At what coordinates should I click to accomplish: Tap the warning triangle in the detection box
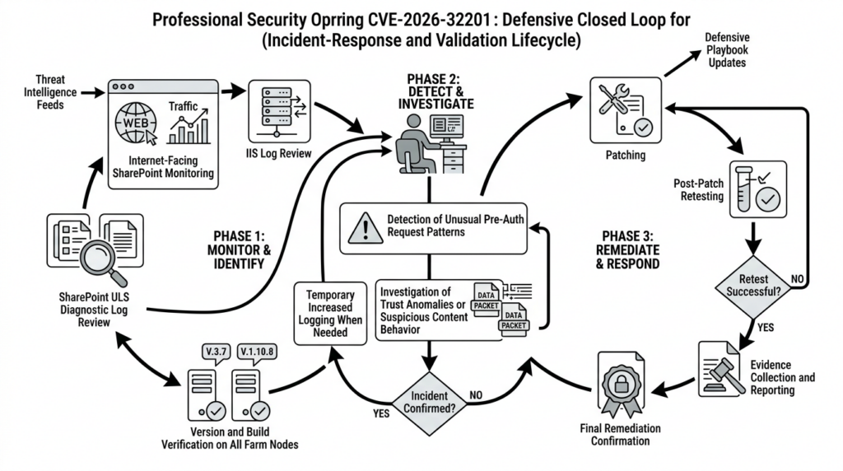pos(365,228)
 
